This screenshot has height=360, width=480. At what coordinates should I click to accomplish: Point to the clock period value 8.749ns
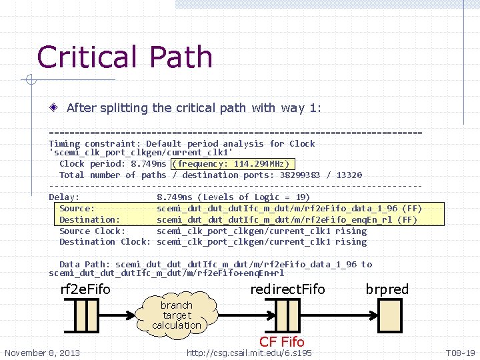pyautogui.click(x=148, y=163)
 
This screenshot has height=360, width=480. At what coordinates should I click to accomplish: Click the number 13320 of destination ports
pyautogui.click(x=349, y=175)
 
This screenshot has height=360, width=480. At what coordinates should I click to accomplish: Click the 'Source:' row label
pyautogui.click(x=76, y=208)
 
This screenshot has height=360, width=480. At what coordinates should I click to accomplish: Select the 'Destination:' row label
pyautogui.click(x=89, y=219)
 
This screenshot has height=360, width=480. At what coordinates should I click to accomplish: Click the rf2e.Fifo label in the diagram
pyautogui.click(x=85, y=289)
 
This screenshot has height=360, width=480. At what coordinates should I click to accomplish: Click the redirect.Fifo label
pyautogui.click(x=287, y=289)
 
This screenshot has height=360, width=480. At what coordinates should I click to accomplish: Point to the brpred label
pyautogui.click(x=387, y=289)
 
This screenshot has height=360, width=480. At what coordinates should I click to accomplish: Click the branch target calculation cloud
pyautogui.click(x=177, y=315)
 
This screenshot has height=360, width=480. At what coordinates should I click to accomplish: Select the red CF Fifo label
pyautogui.click(x=282, y=342)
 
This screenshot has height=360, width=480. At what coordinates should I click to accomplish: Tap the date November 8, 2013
pyautogui.click(x=41, y=352)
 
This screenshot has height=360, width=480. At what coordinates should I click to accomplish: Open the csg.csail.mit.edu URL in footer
pyautogui.click(x=249, y=352)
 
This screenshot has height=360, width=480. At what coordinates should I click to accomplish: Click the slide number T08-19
pyautogui.click(x=459, y=352)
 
